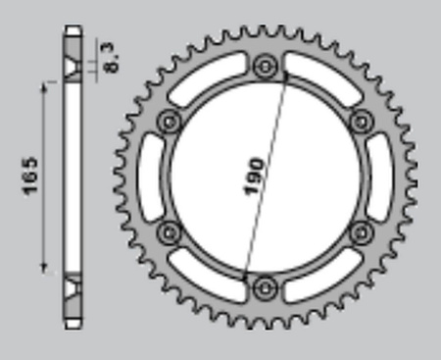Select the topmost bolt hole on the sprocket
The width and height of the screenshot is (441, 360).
(x=265, y=67)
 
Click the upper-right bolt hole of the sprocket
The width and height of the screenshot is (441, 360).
(x=360, y=122)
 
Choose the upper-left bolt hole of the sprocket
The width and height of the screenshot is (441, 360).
(x=170, y=122)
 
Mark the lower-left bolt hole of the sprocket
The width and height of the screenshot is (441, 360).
(x=170, y=232)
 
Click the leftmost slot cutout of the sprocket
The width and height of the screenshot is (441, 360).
(x=150, y=178)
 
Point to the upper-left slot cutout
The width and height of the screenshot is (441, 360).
(x=207, y=77)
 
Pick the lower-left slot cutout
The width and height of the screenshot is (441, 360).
(x=207, y=277)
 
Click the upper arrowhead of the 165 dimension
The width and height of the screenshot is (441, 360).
(x=44, y=86)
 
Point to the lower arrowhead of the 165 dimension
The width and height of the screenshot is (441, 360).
(x=44, y=269)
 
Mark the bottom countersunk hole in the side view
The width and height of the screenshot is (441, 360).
(x=72, y=288)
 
